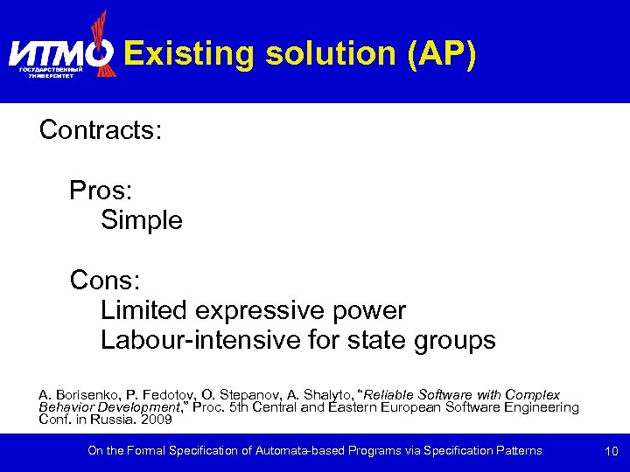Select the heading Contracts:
pyautogui.click(x=101, y=130)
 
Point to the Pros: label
pyautogui.click(x=101, y=191)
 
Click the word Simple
pyautogui.click(x=142, y=220)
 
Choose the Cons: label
pyautogui.click(x=105, y=281)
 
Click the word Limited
pyautogui.click(x=144, y=310)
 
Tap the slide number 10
pyautogui.click(x=611, y=451)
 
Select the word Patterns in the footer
pyautogui.click(x=517, y=451)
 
